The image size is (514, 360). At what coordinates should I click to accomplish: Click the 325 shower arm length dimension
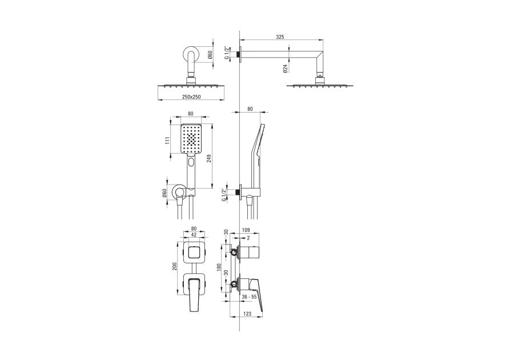(280, 37)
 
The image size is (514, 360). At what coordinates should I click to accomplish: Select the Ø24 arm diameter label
(286, 69)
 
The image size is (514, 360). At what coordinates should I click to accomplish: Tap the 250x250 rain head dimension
(191, 97)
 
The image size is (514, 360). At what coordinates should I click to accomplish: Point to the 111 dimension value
(167, 140)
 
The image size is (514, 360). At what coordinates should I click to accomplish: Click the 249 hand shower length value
(209, 158)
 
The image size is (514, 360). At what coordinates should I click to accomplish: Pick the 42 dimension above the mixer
(194, 234)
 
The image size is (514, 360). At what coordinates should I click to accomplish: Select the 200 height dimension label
(175, 267)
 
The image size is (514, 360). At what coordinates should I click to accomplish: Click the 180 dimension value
(219, 267)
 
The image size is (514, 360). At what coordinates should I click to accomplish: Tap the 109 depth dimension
(246, 230)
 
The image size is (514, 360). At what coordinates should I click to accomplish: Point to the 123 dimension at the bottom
(247, 314)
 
